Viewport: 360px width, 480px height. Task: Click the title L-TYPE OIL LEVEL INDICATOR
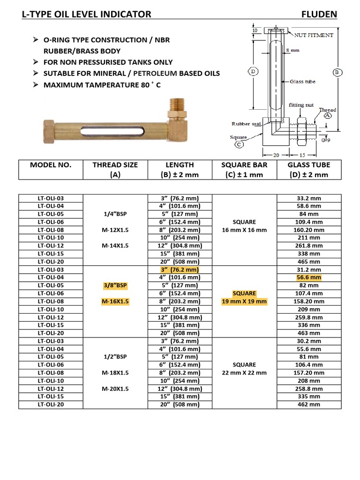point(87,14)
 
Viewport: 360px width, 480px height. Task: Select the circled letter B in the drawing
point(337,72)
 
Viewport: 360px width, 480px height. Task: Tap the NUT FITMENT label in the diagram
point(314,35)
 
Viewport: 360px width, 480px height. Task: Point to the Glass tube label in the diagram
point(302,82)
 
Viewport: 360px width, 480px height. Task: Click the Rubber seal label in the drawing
point(247,124)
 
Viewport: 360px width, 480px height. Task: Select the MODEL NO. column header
point(51,165)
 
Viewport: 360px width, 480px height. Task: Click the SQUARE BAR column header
point(244,165)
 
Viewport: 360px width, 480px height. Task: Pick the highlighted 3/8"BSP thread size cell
point(115,285)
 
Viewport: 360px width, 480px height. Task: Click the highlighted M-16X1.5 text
point(115,301)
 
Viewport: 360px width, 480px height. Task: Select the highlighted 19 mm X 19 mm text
point(244,301)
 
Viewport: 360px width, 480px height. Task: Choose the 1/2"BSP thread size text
point(115,357)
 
